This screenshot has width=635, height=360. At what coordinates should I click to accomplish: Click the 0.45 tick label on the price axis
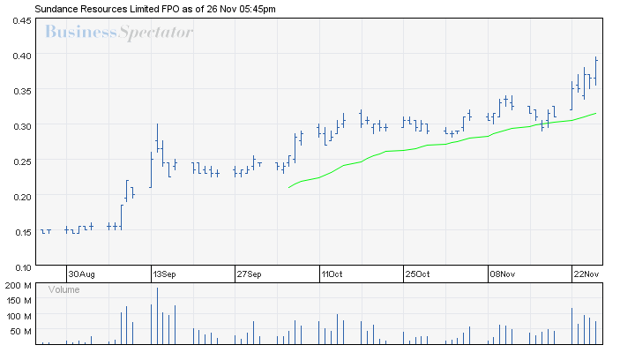tap(22, 20)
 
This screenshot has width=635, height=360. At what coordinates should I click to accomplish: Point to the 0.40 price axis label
tap(22, 56)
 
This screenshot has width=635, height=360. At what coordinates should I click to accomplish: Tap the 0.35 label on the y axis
tap(22, 91)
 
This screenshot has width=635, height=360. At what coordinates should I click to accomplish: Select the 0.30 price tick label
tap(22, 126)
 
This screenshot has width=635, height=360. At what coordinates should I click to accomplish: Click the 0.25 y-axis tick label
tap(22, 161)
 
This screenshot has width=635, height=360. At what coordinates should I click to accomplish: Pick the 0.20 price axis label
tap(22, 197)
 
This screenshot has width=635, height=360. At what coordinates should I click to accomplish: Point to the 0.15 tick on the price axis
tap(22, 232)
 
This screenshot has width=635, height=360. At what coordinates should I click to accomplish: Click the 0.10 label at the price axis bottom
tap(22, 266)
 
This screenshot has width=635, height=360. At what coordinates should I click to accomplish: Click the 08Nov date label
tap(501, 274)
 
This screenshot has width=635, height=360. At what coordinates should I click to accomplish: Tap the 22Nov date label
tap(585, 274)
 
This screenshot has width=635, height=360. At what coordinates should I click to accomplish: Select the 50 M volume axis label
tap(22, 331)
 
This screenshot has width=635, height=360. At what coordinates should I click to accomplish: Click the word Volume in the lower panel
tap(63, 289)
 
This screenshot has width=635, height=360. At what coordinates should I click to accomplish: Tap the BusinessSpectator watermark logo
tap(118, 34)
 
